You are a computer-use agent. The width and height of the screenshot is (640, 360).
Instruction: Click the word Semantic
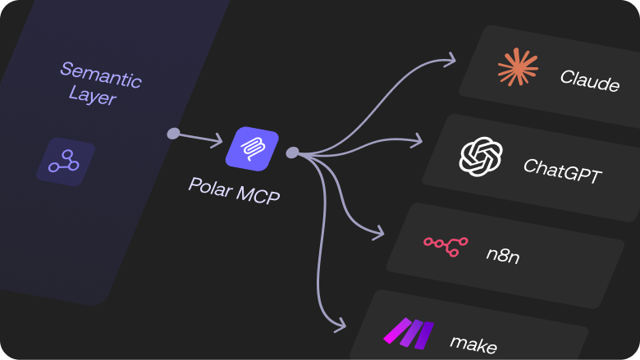click(100, 75)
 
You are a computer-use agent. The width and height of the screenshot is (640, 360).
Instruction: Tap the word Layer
click(93, 97)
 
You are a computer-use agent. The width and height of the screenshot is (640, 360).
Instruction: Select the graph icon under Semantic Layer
click(64, 162)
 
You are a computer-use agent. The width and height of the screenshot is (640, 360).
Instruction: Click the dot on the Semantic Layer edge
click(173, 134)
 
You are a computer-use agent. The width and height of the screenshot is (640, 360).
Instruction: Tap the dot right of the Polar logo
click(292, 153)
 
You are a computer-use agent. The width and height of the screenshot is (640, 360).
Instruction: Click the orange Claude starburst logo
click(518, 67)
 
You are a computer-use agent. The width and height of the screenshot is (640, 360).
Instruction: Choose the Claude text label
click(589, 80)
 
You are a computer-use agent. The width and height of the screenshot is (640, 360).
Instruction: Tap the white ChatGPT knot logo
click(481, 156)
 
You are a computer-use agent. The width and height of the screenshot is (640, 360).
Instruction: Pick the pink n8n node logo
click(445, 243)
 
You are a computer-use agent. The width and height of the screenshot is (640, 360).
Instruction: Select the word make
click(473, 344)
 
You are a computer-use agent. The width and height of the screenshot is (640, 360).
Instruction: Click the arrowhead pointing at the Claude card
click(450, 59)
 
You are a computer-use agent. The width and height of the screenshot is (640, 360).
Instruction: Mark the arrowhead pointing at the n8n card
click(378, 232)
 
